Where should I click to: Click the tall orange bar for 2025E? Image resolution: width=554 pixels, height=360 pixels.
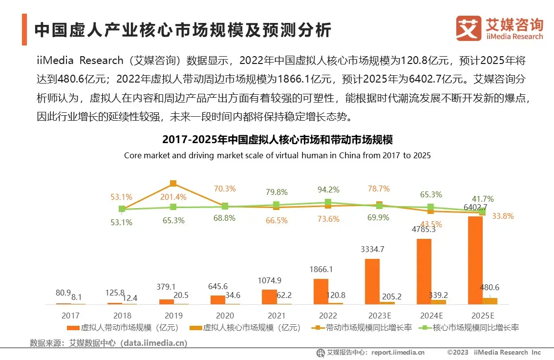[475, 259]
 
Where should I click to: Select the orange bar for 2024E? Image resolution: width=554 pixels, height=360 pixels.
[424, 271]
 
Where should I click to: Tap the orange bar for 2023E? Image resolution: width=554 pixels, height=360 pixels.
[372, 281]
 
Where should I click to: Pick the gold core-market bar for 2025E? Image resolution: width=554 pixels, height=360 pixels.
[490, 301]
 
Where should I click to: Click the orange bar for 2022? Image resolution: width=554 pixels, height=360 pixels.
[321, 291]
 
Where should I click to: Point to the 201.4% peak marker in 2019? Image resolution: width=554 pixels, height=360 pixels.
[173, 184]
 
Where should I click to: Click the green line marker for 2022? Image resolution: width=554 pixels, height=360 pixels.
[328, 202]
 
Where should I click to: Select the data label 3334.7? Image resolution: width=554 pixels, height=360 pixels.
[372, 249]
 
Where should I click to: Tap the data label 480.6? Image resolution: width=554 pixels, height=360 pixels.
[490, 287]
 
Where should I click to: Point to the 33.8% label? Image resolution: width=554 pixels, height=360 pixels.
[502, 216]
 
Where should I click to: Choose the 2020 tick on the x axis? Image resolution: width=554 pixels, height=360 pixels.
[225, 315]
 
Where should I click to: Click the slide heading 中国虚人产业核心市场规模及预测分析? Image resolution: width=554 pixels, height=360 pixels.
[183, 30]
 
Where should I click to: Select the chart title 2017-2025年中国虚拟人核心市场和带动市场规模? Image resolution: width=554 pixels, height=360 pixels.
[277, 139]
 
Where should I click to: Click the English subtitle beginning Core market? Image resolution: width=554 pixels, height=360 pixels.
[277, 155]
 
